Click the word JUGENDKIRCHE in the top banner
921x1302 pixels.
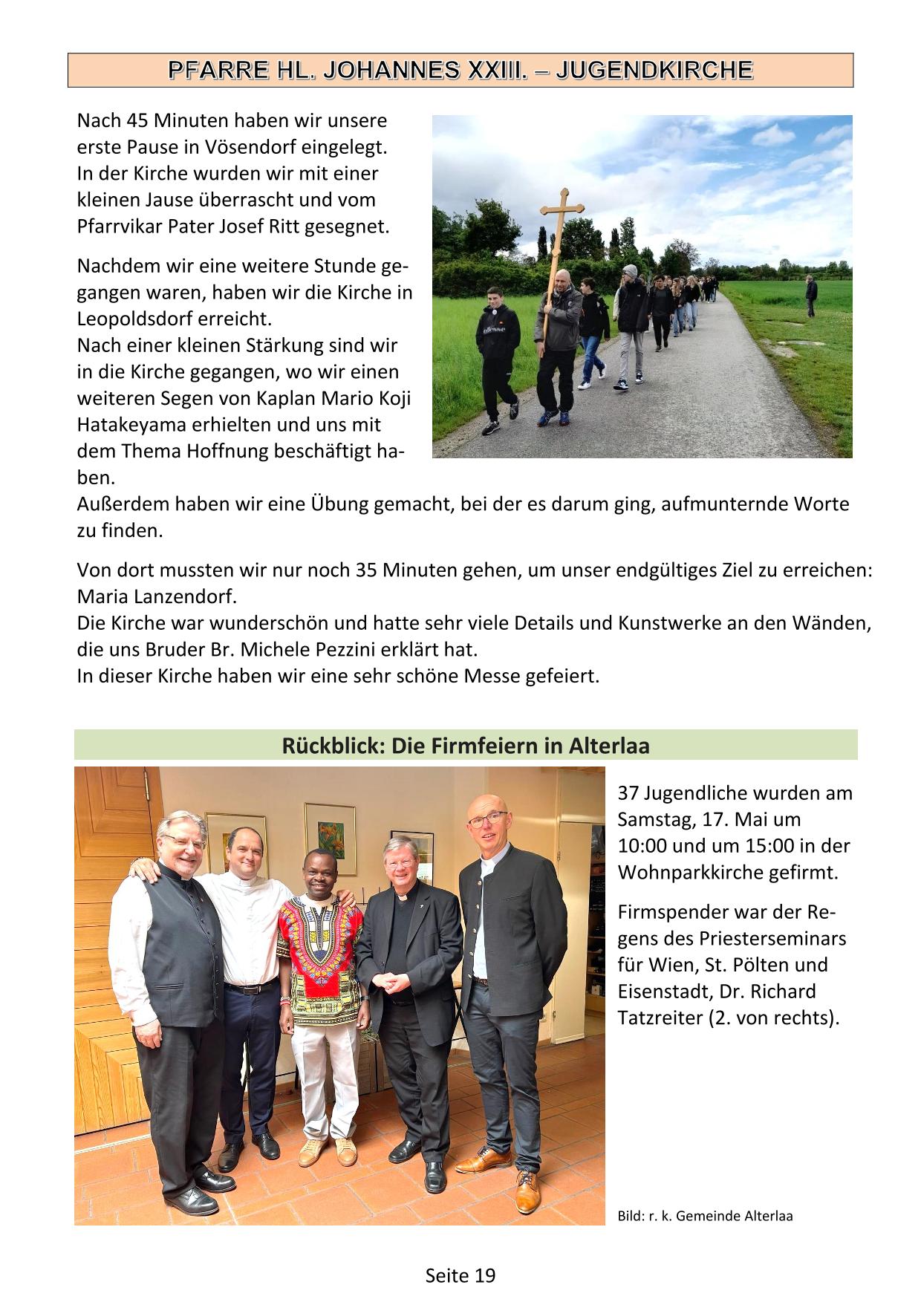click(654, 70)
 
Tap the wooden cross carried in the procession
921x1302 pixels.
click(563, 223)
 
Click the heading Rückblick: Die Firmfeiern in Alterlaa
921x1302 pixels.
click(466, 746)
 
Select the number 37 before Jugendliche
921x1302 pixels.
click(628, 792)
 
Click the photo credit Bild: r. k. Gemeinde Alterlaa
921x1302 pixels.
click(705, 1216)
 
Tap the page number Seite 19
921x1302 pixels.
click(460, 1275)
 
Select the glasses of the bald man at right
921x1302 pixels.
click(487, 819)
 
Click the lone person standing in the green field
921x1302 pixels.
click(811, 296)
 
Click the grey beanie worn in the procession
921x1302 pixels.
click(630, 270)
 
